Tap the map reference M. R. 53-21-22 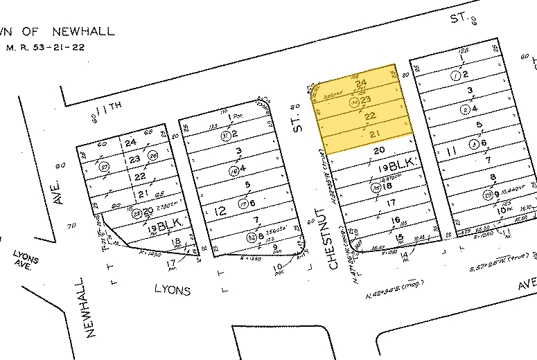point(46,48)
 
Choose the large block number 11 point(452,150)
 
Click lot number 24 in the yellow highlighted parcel point(360,85)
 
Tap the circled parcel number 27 point(105,168)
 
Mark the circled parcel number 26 point(153,155)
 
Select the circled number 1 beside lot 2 point(455,75)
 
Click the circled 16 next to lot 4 point(234,170)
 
